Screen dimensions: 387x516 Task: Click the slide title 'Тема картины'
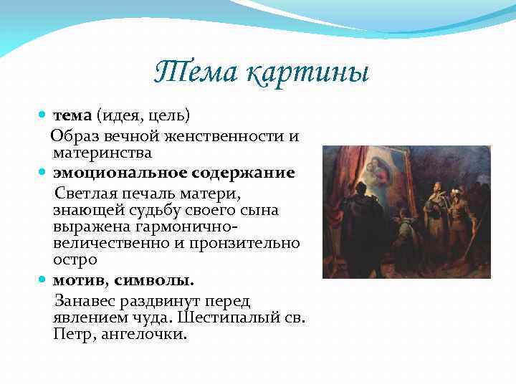[262, 72]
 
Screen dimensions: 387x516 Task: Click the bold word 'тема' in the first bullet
[72, 116]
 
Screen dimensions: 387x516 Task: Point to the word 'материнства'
[101, 153]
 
